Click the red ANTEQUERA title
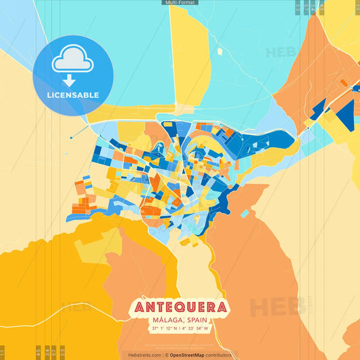[x=180, y=307]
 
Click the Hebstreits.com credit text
[x=145, y=355]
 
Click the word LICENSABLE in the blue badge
[x=73, y=95]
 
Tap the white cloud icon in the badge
[x=73, y=61]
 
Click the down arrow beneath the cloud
[x=69, y=80]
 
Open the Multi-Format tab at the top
[x=180, y=3]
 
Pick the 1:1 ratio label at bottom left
[x=3, y=352]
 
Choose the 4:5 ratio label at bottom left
[x=38, y=352]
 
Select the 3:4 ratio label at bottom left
[x=47, y=352]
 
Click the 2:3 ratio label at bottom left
[x=63, y=352]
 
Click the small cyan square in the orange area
[x=245, y=213]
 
